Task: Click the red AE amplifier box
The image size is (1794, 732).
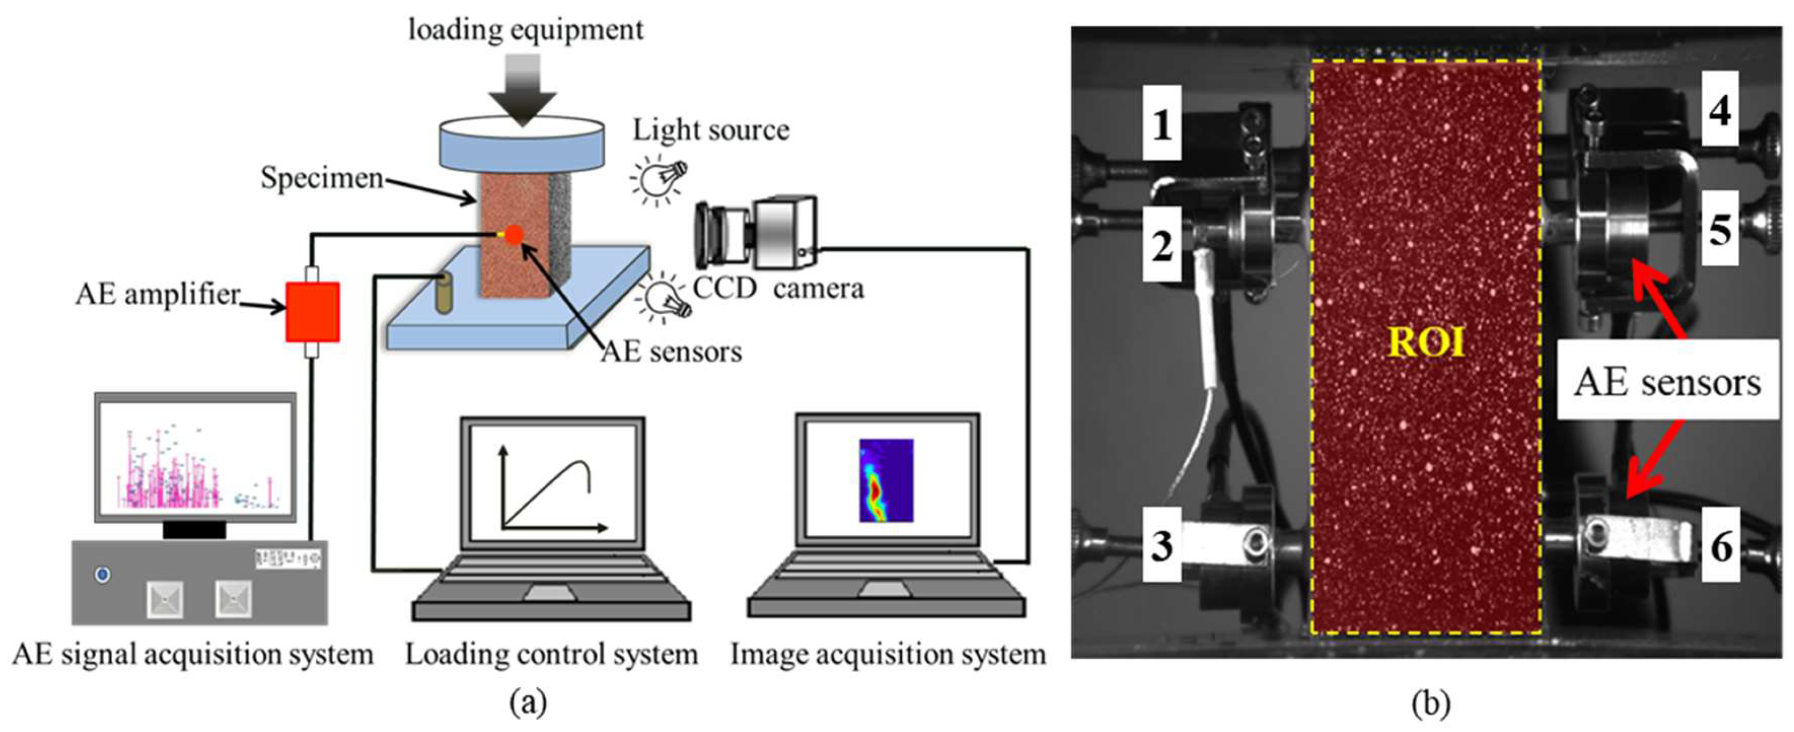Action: (313, 312)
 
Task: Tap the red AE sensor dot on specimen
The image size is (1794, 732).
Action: (514, 234)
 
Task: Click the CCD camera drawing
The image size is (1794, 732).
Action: (756, 233)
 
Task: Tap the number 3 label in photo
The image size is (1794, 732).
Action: (1162, 544)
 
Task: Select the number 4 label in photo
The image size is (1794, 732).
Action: (1720, 109)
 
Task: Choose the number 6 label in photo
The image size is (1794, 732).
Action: (1720, 544)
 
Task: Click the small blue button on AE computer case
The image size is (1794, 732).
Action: (103, 575)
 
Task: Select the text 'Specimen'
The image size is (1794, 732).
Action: (322, 178)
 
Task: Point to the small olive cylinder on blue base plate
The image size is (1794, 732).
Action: (444, 293)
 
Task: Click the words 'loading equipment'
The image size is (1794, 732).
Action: (526, 30)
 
